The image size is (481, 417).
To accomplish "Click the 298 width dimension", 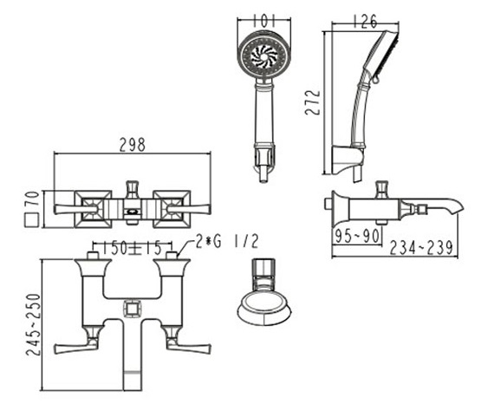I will (132, 145).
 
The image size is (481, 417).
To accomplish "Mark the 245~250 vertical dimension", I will (33, 323).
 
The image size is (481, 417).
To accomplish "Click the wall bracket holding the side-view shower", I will (348, 159).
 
